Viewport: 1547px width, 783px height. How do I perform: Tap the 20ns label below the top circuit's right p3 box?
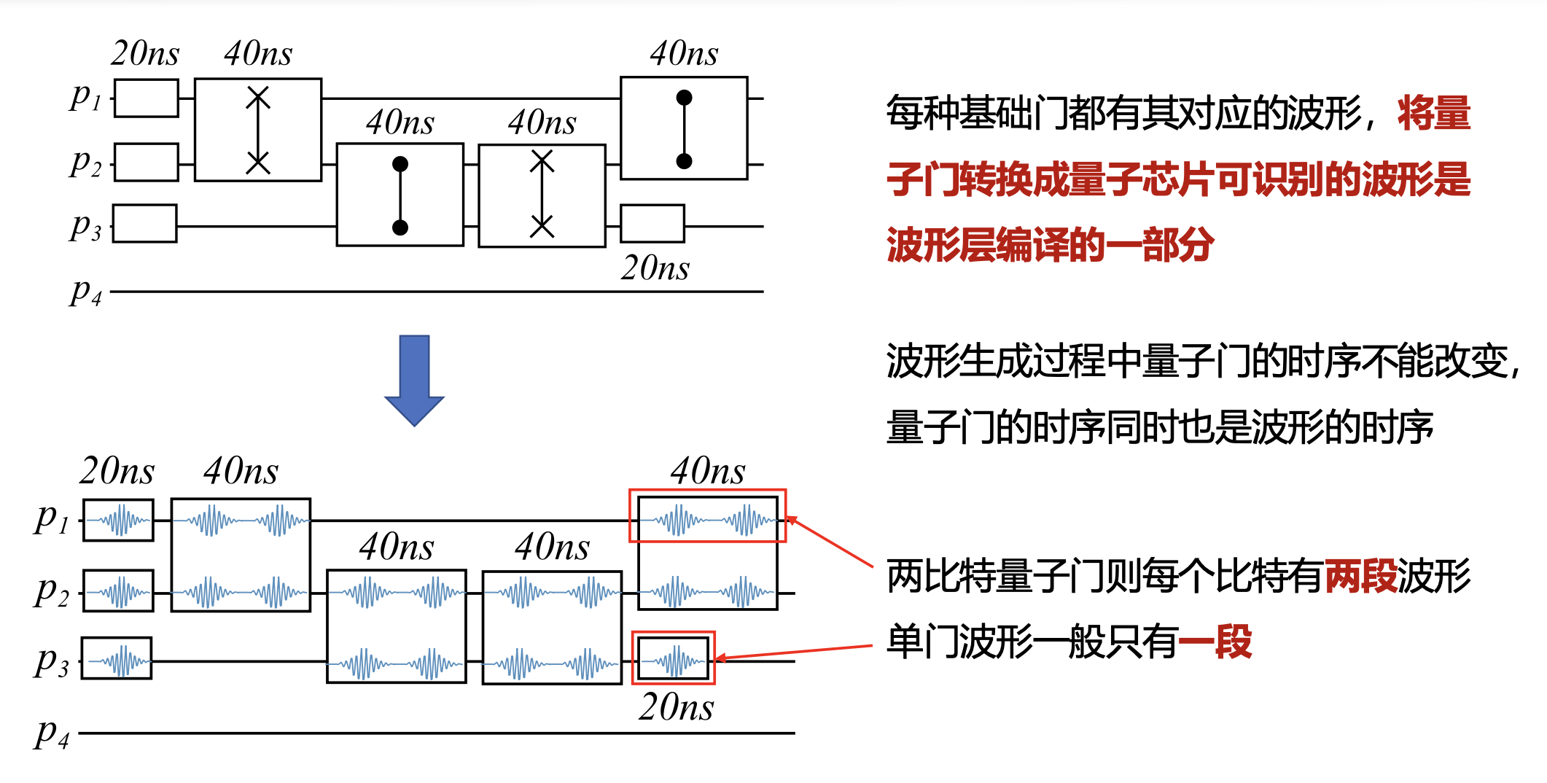pyautogui.click(x=655, y=268)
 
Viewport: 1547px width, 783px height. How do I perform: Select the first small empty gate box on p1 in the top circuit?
pyautogui.click(x=147, y=98)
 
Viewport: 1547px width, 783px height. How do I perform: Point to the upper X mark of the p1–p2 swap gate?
pyautogui.click(x=258, y=98)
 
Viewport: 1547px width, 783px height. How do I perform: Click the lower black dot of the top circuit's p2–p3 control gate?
pyautogui.click(x=400, y=227)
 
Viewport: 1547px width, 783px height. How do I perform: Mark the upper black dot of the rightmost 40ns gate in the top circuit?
pyautogui.click(x=684, y=98)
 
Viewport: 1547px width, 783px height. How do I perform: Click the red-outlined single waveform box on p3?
pyautogui.click(x=674, y=658)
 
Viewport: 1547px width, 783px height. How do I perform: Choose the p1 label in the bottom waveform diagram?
pyautogui.click(x=51, y=519)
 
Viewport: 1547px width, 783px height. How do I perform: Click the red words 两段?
pyautogui.click(x=1360, y=576)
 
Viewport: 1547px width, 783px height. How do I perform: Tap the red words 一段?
pyautogui.click(x=1215, y=642)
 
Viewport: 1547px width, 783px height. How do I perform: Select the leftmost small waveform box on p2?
pyautogui.click(x=118, y=591)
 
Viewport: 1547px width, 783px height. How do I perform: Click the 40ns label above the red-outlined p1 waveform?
pyautogui.click(x=708, y=471)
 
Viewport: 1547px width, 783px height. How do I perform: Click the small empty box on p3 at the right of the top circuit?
pyautogui.click(x=652, y=224)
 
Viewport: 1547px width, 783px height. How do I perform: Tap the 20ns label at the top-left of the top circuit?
pyautogui.click(x=145, y=53)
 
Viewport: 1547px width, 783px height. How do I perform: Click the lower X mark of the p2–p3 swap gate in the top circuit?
pyautogui.click(x=542, y=226)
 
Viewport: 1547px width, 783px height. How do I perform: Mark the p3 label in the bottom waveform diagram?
pyautogui.click(x=51, y=661)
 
